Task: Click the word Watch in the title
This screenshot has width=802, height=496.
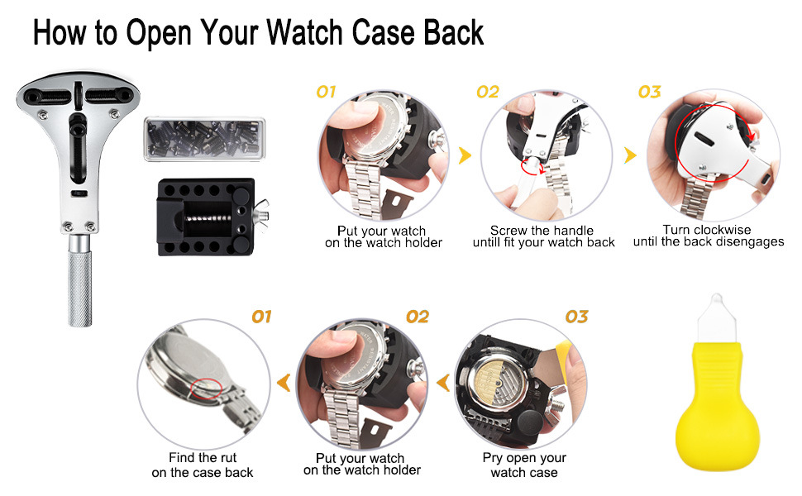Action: coord(304,33)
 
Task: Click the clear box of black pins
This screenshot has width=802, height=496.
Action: coord(204,139)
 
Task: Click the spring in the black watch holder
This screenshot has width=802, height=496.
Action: coord(208,218)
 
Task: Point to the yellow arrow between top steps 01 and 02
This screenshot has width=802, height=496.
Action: coord(465,155)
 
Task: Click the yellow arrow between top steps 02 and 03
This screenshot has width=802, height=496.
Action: coord(630,155)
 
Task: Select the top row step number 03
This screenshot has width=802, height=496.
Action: coord(649,92)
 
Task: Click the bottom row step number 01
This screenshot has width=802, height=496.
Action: coord(261,317)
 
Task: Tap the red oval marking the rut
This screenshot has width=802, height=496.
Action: coord(206,388)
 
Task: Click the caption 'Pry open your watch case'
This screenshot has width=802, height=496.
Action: coord(524,465)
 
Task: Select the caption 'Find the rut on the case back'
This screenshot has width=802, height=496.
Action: coord(203,465)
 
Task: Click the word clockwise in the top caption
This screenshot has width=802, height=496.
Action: coord(722,230)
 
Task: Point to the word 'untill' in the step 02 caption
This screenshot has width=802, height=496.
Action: coord(486,242)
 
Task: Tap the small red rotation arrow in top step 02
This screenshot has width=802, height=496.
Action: coord(532,167)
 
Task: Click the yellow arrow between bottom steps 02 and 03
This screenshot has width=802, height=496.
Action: coord(443,382)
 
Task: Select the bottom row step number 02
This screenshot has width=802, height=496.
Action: coord(418,317)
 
